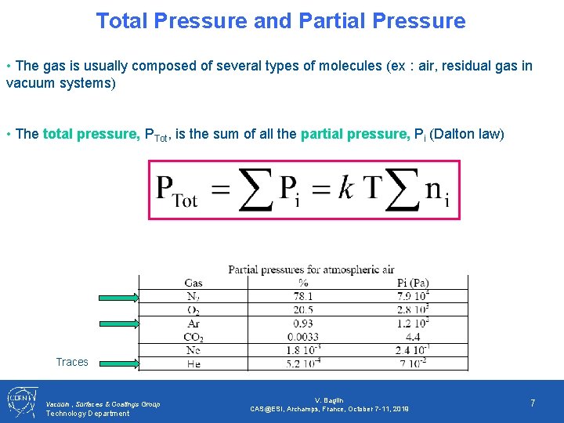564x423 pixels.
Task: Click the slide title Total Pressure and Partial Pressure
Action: (x=280, y=21)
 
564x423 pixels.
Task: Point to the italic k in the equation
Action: (x=345, y=189)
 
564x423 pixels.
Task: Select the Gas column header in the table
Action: (x=193, y=283)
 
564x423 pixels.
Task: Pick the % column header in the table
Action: (x=302, y=283)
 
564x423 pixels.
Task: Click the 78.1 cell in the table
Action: (x=302, y=296)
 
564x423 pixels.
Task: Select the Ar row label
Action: (x=193, y=324)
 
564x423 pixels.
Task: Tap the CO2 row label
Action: (x=193, y=338)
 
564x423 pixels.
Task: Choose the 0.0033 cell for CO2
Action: (x=302, y=338)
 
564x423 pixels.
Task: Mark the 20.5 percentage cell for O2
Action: (x=302, y=310)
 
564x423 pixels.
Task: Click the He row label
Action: (x=193, y=364)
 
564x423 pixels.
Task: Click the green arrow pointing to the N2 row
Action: (x=118, y=297)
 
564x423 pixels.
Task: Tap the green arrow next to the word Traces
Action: (x=118, y=362)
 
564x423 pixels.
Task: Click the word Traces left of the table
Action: (x=72, y=362)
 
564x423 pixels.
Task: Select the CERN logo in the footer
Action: (x=21, y=401)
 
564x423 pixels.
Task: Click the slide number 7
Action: (x=533, y=403)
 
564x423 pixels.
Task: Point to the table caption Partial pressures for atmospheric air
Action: (x=311, y=269)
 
